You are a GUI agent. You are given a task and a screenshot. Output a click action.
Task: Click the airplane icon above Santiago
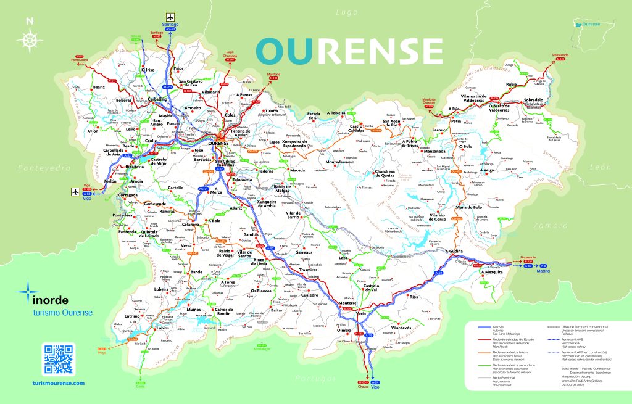point(170,17)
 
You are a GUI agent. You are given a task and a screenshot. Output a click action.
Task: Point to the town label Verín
point(362,314)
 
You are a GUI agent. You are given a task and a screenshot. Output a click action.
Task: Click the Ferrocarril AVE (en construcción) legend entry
point(584,352)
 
